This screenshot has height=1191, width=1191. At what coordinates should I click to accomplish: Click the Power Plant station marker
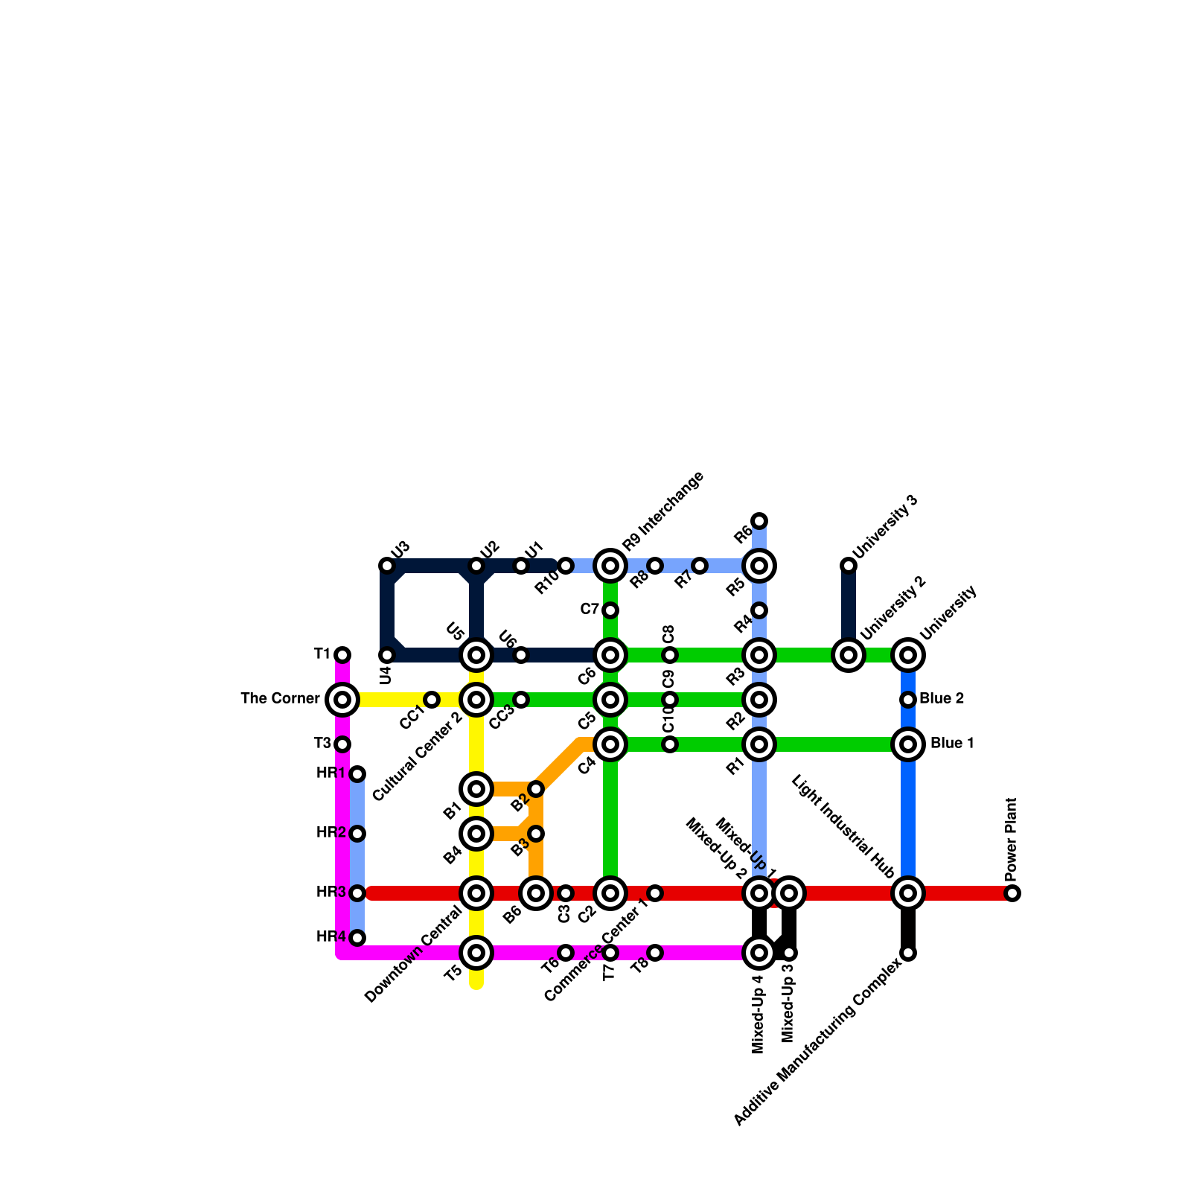(x=1012, y=893)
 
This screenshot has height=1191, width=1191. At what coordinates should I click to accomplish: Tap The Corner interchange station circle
(x=342, y=700)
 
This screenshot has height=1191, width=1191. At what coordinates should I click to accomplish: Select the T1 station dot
(x=342, y=655)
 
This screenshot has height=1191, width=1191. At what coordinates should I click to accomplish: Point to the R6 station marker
(x=759, y=521)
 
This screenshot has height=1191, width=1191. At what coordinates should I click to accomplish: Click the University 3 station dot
(x=849, y=566)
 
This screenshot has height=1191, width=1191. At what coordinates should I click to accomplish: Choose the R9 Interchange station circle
(x=610, y=566)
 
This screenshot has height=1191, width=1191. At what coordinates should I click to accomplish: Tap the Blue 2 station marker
(x=908, y=700)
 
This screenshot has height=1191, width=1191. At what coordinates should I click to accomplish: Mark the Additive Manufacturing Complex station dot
(x=908, y=953)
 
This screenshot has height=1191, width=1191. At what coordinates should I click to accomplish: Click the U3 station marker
(x=387, y=566)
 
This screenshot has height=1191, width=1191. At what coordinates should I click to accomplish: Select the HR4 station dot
(x=357, y=938)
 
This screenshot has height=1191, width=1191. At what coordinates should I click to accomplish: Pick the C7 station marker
(x=610, y=610)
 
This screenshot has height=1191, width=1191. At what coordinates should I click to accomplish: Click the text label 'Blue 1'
(x=952, y=744)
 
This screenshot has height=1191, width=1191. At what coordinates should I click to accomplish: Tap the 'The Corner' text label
(x=280, y=699)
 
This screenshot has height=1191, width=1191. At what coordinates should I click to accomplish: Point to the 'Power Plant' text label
(x=1011, y=838)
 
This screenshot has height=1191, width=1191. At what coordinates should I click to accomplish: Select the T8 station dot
(x=655, y=953)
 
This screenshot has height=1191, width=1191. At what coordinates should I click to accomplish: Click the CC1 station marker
(x=432, y=700)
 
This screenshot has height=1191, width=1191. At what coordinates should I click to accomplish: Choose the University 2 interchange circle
(x=849, y=655)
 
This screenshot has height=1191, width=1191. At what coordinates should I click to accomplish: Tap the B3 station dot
(x=536, y=834)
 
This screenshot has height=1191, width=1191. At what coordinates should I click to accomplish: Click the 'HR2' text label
(x=331, y=833)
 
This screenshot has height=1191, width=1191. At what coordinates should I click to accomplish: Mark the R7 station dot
(x=700, y=566)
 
